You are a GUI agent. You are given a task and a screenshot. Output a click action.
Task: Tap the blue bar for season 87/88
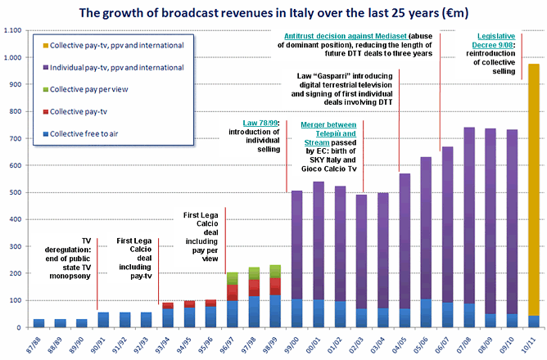38,323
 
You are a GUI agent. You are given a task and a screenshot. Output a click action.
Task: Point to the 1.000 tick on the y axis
14,58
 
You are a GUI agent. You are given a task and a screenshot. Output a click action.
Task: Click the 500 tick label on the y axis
16,193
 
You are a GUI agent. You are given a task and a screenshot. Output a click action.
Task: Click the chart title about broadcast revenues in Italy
273,12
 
